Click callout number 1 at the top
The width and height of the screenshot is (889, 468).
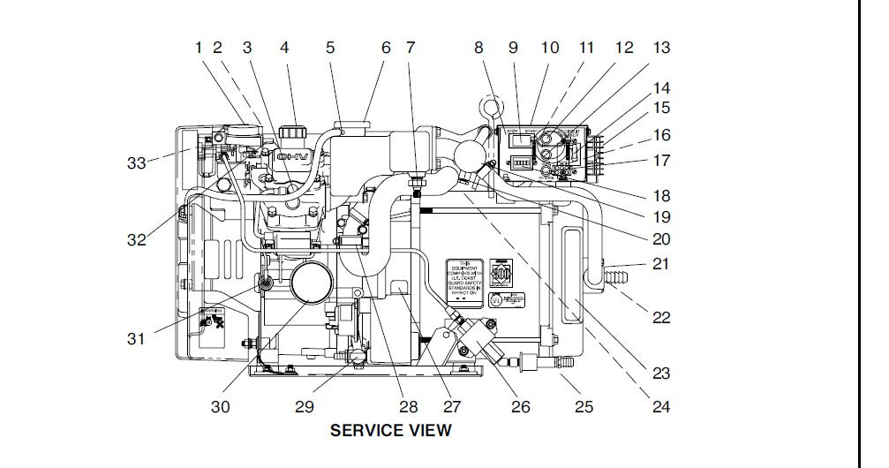[200, 48]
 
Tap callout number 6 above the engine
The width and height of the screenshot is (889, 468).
[386, 48]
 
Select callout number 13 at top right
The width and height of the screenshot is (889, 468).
[661, 48]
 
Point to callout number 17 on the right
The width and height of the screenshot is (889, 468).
[662, 161]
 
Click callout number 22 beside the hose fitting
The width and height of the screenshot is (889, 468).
[661, 318]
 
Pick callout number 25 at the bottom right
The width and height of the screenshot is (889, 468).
[584, 407]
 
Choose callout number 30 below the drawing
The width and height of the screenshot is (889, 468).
[220, 407]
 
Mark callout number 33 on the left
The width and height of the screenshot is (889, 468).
[136, 163]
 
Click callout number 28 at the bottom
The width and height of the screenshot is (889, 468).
[408, 407]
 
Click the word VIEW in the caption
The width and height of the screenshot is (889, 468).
[431, 431]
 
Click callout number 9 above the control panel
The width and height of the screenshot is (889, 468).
[513, 48]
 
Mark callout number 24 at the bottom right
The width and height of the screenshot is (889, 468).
[661, 407]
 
